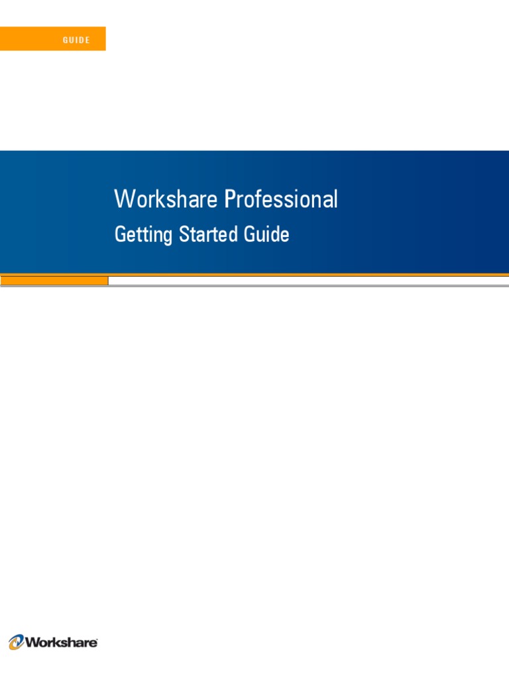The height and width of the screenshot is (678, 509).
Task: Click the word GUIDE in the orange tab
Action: (x=76, y=40)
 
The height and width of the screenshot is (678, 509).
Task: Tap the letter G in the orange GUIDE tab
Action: (x=65, y=40)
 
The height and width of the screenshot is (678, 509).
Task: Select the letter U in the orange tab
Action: (x=71, y=40)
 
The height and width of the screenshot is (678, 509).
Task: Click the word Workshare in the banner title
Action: (x=166, y=199)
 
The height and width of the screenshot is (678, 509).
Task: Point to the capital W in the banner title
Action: (x=123, y=199)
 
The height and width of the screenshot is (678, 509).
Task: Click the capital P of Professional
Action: (x=229, y=199)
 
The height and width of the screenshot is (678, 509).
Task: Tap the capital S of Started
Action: (x=184, y=234)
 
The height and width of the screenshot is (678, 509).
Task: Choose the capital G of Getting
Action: (x=120, y=234)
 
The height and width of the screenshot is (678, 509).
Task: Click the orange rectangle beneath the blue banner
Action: (x=54, y=281)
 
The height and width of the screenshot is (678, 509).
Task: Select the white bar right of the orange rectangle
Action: (x=308, y=281)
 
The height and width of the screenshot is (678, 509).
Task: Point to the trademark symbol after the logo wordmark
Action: (x=98, y=639)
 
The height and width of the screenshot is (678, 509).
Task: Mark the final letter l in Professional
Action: (x=335, y=199)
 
